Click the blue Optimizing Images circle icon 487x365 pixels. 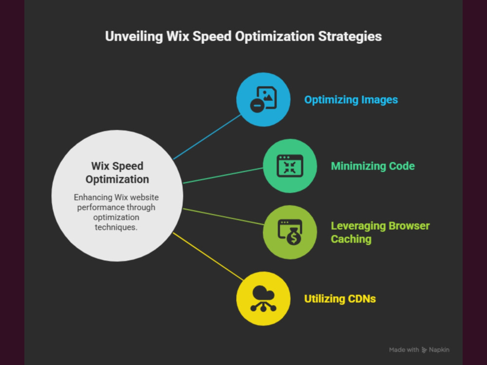[x=263, y=100]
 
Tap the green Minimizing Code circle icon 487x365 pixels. [x=290, y=166]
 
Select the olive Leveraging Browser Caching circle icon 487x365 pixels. [x=290, y=232]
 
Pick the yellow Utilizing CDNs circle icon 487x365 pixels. [x=263, y=299]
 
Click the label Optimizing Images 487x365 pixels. [x=351, y=100]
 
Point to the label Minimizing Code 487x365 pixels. [x=373, y=166]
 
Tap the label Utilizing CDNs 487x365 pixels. [x=340, y=299]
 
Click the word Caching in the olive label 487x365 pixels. [x=351, y=239]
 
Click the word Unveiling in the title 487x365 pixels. [x=134, y=36]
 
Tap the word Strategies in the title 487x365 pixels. [x=350, y=36]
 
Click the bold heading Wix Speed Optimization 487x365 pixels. [x=117, y=173]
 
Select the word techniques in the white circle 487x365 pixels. [x=116, y=227]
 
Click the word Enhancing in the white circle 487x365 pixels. [x=93, y=198]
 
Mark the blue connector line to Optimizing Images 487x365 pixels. [x=207, y=137]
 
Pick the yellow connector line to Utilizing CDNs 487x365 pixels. [x=208, y=256]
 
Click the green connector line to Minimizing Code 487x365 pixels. [x=223, y=176]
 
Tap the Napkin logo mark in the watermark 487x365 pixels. [x=424, y=350]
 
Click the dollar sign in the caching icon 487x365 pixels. [x=294, y=238]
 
